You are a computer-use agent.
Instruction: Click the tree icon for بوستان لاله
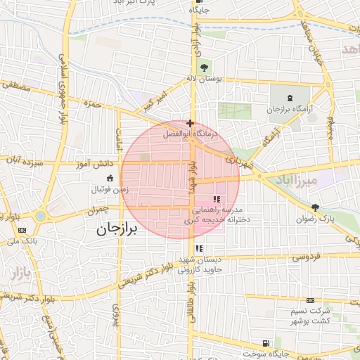pos(204,68)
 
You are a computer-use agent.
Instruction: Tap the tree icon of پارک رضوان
pos(315,207)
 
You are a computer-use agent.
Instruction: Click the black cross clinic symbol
pos(190,123)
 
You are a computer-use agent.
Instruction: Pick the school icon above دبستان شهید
pos(200,248)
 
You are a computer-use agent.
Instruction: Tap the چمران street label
pos(98,210)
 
